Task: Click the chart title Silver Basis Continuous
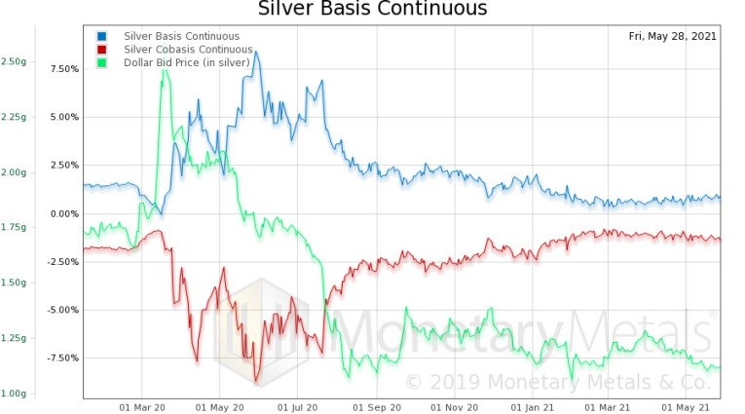point(372,10)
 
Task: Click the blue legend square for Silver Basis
point(102,37)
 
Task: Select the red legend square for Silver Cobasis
point(102,50)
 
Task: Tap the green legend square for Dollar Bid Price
point(102,62)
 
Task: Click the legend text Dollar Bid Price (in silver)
point(186,62)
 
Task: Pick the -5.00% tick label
point(58,310)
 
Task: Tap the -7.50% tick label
point(58,358)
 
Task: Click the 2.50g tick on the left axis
point(14,61)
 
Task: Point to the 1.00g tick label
point(14,394)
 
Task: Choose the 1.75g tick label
point(14,227)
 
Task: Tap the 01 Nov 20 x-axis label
point(457,408)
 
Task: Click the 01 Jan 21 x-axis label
point(535,408)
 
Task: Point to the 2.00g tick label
point(14,172)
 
